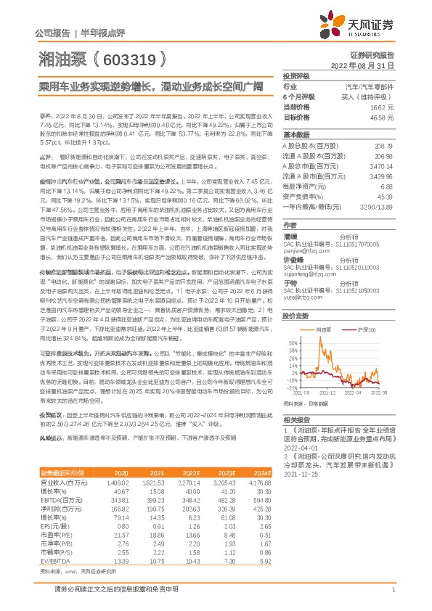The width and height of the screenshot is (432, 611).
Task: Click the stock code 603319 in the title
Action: [x=132, y=57]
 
